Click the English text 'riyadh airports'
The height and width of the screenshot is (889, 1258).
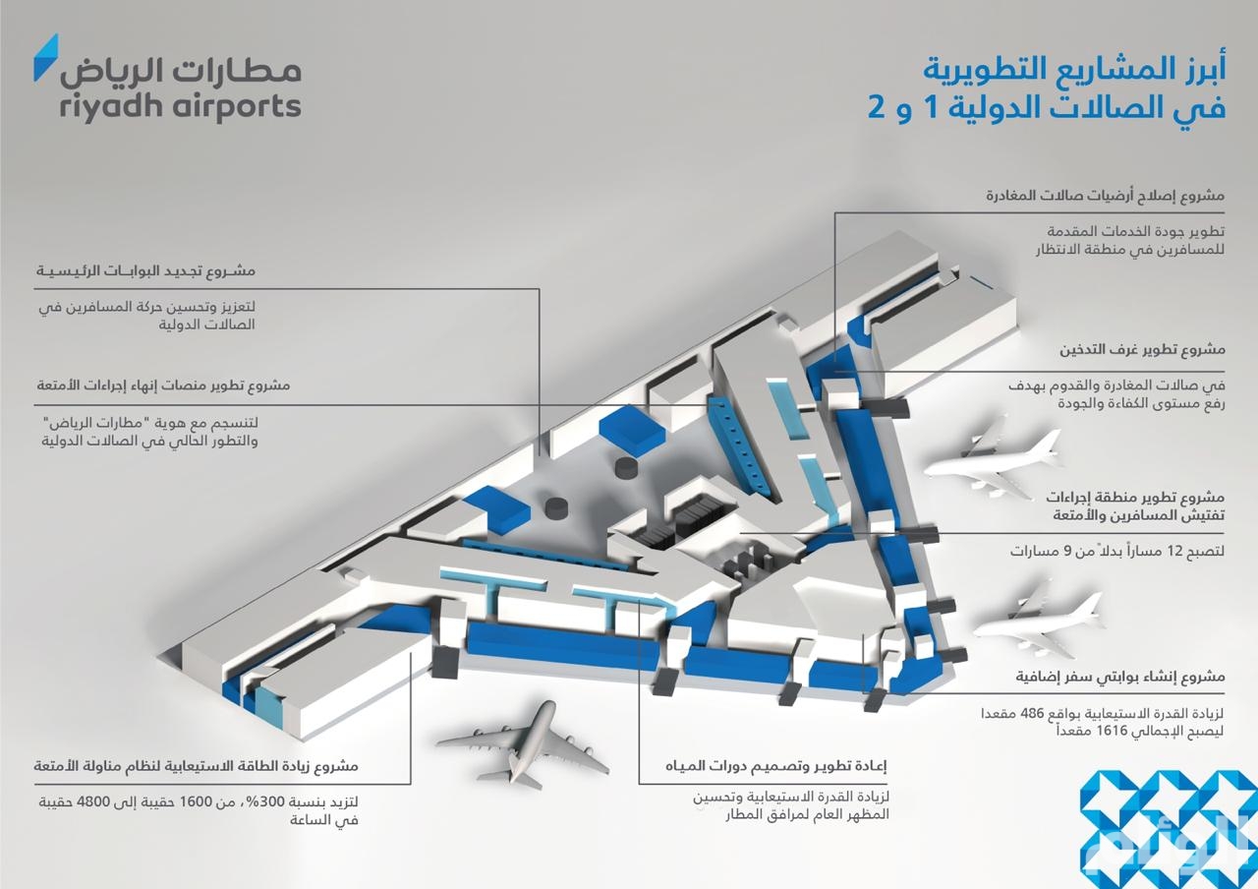(x=180, y=107)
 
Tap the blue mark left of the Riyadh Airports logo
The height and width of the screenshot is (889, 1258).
(x=46, y=57)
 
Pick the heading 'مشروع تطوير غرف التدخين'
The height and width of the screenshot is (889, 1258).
(x=1142, y=349)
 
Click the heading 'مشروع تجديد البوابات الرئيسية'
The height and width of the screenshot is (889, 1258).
(x=146, y=270)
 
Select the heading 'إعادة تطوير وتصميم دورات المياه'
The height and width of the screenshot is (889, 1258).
(x=776, y=765)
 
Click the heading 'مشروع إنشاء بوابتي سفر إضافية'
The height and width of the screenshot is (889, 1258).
(x=1119, y=676)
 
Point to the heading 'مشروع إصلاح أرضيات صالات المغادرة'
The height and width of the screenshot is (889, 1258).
(x=1106, y=196)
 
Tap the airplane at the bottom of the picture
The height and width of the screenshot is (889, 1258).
(x=523, y=742)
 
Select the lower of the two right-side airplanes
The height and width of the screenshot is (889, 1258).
(x=1038, y=621)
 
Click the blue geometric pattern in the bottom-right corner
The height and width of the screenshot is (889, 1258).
(x=1169, y=829)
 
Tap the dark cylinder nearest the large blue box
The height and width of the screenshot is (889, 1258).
(x=627, y=467)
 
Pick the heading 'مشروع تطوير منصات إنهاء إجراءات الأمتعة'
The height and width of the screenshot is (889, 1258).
(x=163, y=385)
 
